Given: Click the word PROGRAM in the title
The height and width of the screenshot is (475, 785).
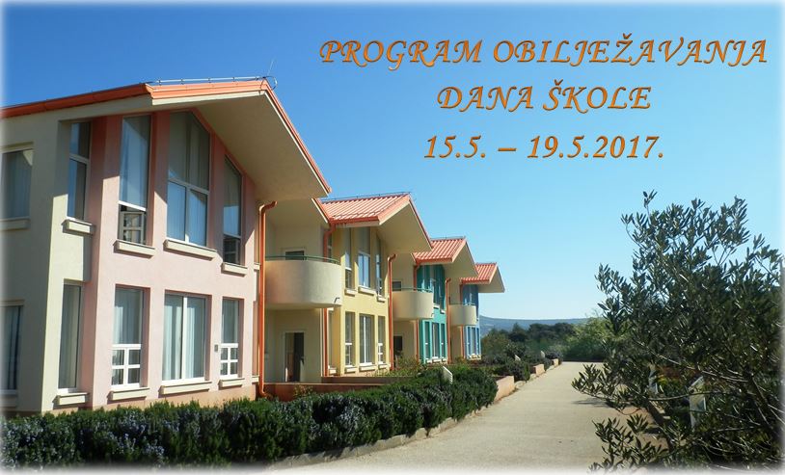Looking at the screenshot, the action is tap(401, 52).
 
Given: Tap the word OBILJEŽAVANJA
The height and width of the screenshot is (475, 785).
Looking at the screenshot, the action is tap(630, 52).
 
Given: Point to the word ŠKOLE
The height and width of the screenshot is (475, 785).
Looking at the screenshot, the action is tap(597, 96).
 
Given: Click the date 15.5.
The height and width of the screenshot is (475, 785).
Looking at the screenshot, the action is tap(455, 147).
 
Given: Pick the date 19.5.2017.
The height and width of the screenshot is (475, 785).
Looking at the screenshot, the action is tap(595, 147).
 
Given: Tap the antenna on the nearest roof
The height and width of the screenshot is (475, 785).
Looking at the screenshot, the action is tap(270, 72).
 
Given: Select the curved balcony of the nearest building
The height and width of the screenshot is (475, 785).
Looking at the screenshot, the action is tap(303, 281).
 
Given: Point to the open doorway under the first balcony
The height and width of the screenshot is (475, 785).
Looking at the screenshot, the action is tap(294, 356).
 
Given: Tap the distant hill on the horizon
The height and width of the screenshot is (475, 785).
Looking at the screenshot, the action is tap(530, 322).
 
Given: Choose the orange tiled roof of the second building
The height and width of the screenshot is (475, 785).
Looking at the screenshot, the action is tap(365, 208).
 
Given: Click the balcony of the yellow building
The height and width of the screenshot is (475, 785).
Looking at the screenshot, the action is tap(413, 304).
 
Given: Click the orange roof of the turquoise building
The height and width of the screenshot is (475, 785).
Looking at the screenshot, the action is tap(441, 250).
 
